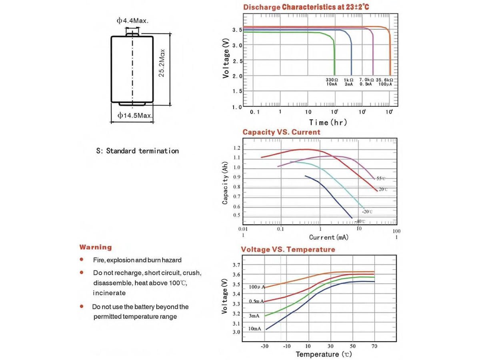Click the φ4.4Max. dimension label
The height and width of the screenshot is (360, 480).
(x=132, y=20)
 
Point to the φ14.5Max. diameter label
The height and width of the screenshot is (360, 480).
(x=135, y=116)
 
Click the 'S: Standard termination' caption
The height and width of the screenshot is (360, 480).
(x=137, y=151)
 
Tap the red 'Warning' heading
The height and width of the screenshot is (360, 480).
(x=96, y=247)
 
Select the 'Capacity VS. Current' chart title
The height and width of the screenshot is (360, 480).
(x=281, y=132)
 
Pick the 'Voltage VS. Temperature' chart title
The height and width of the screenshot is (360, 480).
(x=288, y=250)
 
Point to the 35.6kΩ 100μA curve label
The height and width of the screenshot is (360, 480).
(x=384, y=82)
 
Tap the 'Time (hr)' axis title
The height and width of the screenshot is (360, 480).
(x=328, y=122)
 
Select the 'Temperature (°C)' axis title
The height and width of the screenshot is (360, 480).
(x=324, y=354)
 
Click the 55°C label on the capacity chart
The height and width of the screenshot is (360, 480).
(x=380, y=178)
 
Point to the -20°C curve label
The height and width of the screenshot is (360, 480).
(x=367, y=211)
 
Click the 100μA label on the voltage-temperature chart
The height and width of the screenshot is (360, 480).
(x=256, y=287)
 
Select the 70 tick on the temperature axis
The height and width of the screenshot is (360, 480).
(x=374, y=346)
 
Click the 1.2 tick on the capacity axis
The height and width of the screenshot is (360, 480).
(x=237, y=148)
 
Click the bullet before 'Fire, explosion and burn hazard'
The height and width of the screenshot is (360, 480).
(x=82, y=260)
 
